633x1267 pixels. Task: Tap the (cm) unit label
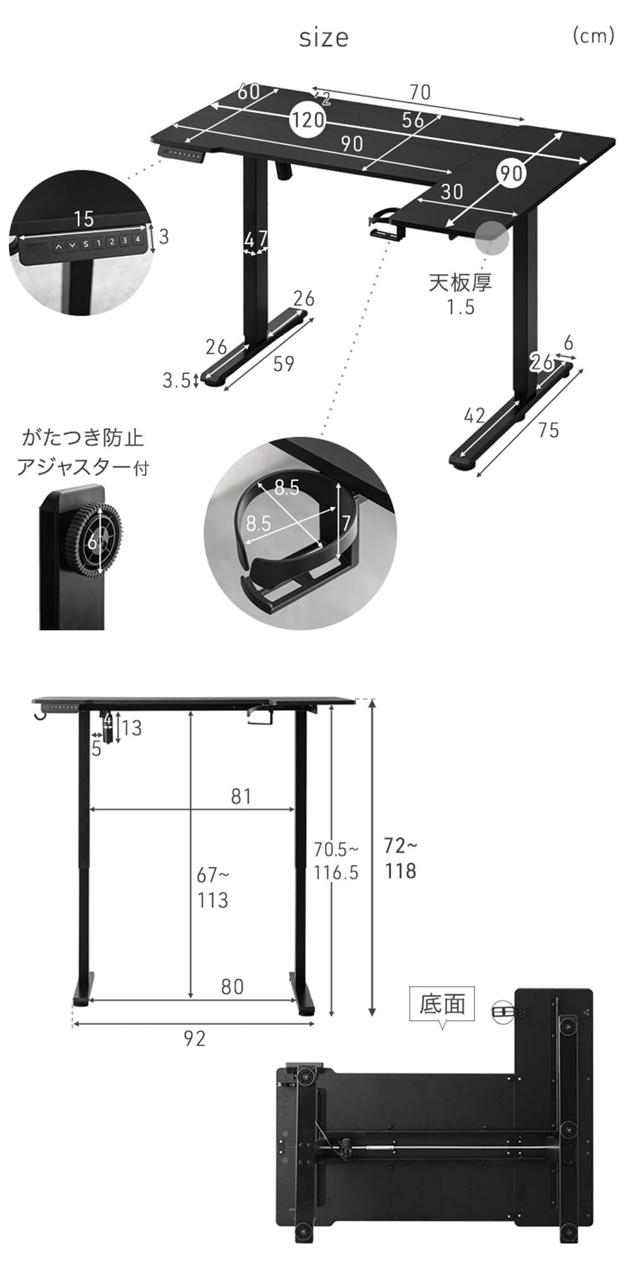[x=593, y=35]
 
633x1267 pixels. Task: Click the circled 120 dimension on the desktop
[x=308, y=119]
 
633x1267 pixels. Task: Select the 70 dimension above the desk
[x=419, y=92]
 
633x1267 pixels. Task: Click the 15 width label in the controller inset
[x=84, y=219]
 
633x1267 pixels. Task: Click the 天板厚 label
[x=460, y=283]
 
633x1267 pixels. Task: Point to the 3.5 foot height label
[x=177, y=380]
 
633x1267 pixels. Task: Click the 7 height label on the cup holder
[x=345, y=523]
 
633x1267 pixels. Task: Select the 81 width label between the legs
[x=241, y=796]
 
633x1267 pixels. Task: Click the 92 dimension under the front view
[x=194, y=1038]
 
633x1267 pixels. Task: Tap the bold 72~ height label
[x=401, y=845]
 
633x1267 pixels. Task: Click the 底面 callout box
[x=442, y=1003]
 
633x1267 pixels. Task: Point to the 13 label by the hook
[x=132, y=728]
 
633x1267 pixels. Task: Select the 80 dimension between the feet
[x=232, y=986]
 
